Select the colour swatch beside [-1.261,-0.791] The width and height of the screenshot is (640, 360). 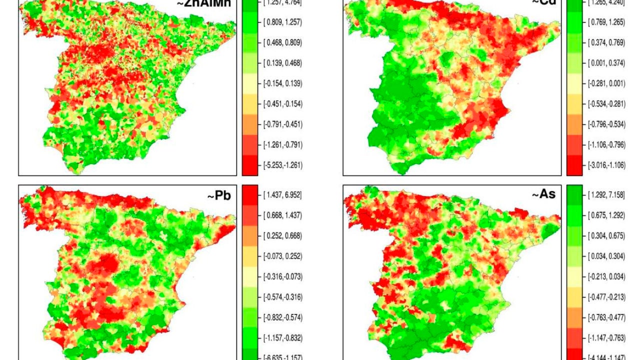click(x=250, y=145)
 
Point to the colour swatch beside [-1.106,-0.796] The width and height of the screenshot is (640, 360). click(x=574, y=145)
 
